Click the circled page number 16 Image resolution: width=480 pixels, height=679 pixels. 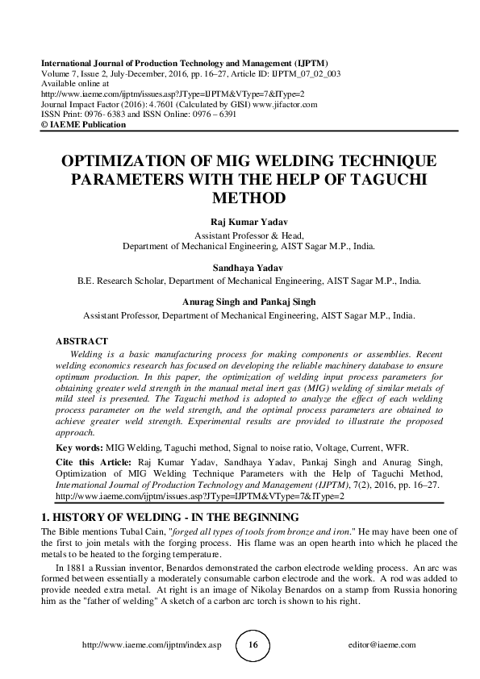[253, 645]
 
